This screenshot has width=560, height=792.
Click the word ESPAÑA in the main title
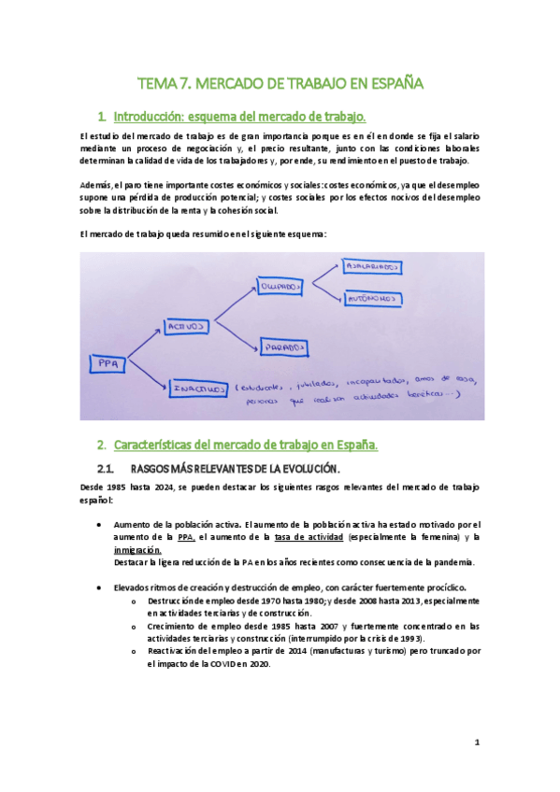click(392, 83)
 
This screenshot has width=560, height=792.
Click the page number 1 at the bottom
click(477, 742)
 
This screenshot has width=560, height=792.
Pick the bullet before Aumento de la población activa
click(100, 525)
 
